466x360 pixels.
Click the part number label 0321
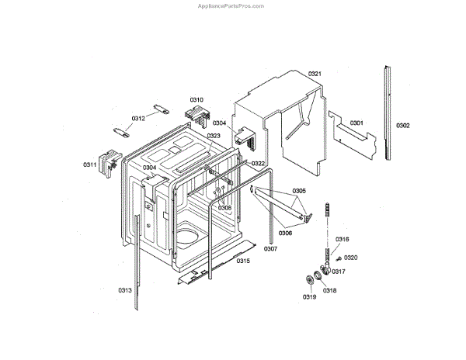coord(315,74)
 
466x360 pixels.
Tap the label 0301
coord(356,123)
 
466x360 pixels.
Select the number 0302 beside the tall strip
coord(402,125)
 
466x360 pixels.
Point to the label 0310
coord(196,100)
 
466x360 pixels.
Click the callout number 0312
coord(137,119)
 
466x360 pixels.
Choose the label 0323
coord(214,136)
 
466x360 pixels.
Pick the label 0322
coord(258,163)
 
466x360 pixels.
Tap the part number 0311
coord(90,164)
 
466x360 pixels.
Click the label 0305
coord(299,191)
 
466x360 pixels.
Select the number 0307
coord(270,249)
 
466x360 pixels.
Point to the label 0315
coord(243,261)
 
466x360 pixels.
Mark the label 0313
coord(125,290)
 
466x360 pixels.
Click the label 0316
coord(343,239)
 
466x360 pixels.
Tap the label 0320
coord(350,258)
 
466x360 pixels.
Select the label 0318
coord(330,290)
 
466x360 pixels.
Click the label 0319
coord(310,297)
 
